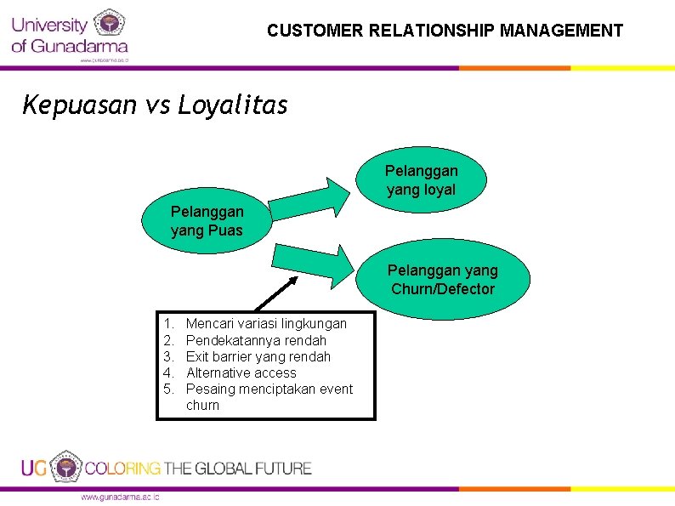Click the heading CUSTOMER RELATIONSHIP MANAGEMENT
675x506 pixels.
coord(445,31)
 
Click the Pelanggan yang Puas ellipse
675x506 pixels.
coord(207,221)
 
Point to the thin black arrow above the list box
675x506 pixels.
coord(276,294)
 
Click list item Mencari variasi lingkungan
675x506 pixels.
coord(266,323)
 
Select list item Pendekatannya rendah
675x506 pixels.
coord(256,340)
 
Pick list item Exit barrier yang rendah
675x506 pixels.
coord(258,356)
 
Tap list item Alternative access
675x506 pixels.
coord(241,372)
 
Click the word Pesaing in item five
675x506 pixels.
coord(209,389)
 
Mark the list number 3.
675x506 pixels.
coord(167,356)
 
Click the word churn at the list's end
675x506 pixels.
coord(202,405)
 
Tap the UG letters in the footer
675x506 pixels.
coord(34,468)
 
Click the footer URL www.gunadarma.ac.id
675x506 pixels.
coord(119,497)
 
